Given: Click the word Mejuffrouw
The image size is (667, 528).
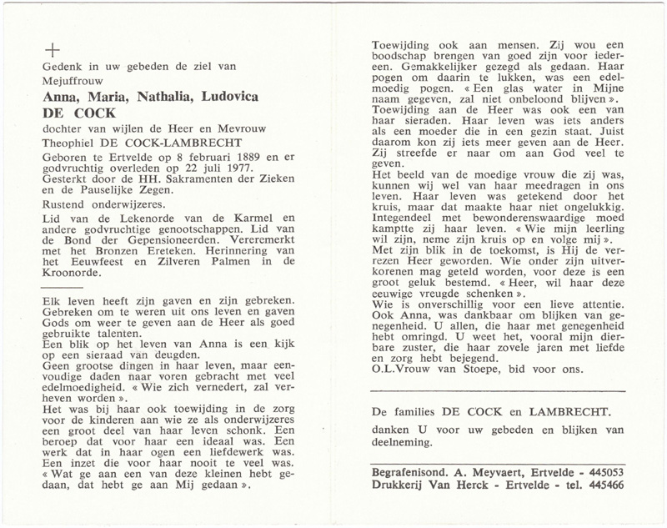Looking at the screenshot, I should [x=71, y=82].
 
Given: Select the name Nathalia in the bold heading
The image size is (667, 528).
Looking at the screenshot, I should [x=169, y=98].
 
